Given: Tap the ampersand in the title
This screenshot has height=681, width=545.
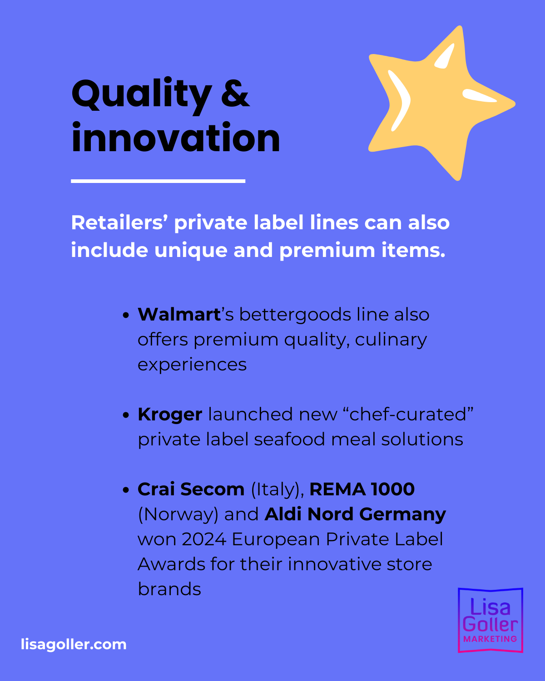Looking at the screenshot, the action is [x=235, y=94].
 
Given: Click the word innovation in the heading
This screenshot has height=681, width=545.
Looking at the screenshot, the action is [x=176, y=138].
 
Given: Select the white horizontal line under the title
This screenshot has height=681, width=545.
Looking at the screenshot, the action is [x=158, y=181].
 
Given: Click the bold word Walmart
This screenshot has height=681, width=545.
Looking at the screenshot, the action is [x=179, y=315].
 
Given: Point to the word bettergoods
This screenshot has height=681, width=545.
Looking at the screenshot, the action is [x=295, y=316].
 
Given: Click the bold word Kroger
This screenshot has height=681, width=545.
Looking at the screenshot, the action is [x=170, y=415].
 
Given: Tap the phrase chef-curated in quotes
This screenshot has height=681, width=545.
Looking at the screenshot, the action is [x=408, y=414].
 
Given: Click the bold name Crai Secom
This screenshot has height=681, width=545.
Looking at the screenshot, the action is [x=191, y=489].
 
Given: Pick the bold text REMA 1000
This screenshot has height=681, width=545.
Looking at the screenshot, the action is [x=362, y=489].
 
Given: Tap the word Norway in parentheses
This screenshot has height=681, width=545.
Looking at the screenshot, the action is [x=178, y=515].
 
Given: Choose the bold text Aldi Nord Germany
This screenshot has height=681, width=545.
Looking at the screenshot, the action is [x=355, y=514].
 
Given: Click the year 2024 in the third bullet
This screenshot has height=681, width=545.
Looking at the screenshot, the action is [x=204, y=539].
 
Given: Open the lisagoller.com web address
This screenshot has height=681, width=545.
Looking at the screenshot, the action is [x=74, y=644].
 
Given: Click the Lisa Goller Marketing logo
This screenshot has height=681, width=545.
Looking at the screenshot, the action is [x=490, y=620].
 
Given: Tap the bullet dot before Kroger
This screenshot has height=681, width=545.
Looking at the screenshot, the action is [x=126, y=415].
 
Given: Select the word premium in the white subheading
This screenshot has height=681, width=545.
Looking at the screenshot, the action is [x=327, y=251].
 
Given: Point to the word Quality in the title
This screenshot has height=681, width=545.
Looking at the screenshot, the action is [x=142, y=95].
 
